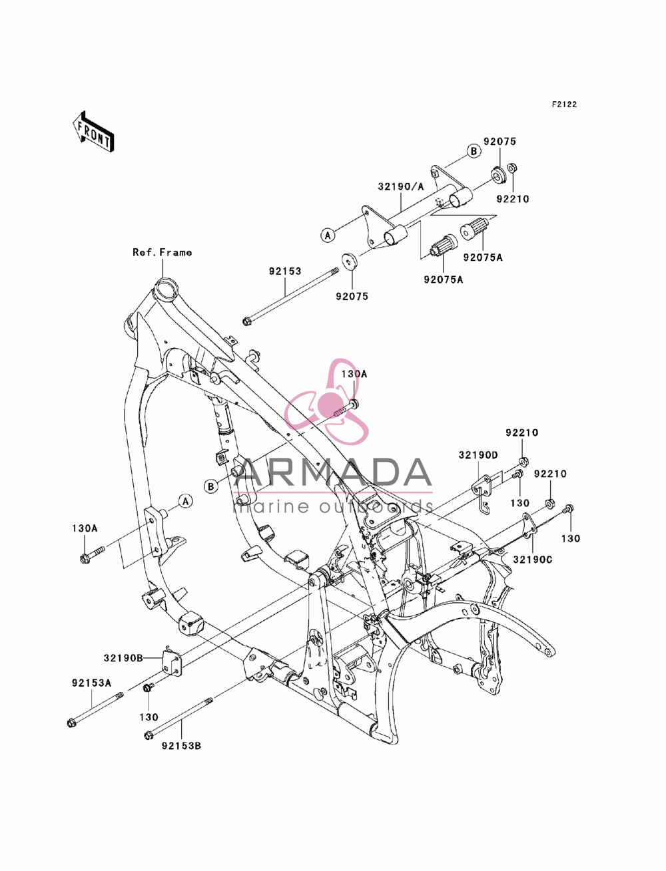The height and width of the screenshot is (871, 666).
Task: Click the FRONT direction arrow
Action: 93,131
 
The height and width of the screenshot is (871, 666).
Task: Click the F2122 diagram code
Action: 564,104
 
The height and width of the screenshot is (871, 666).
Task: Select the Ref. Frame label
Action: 162,252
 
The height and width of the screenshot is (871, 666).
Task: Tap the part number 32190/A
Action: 400,186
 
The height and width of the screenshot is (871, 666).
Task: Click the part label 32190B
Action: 123,658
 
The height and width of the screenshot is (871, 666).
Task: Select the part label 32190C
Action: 533,560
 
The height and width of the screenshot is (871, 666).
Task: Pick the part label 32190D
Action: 478,455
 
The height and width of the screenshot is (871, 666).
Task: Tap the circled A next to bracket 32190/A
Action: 328,236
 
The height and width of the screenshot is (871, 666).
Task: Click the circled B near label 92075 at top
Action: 474,151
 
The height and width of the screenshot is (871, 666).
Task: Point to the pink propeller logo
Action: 327,402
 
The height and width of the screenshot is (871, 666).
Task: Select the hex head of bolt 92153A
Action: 72,723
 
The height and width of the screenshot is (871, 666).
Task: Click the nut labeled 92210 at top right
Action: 512,168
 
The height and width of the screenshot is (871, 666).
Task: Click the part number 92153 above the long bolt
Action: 285,271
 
